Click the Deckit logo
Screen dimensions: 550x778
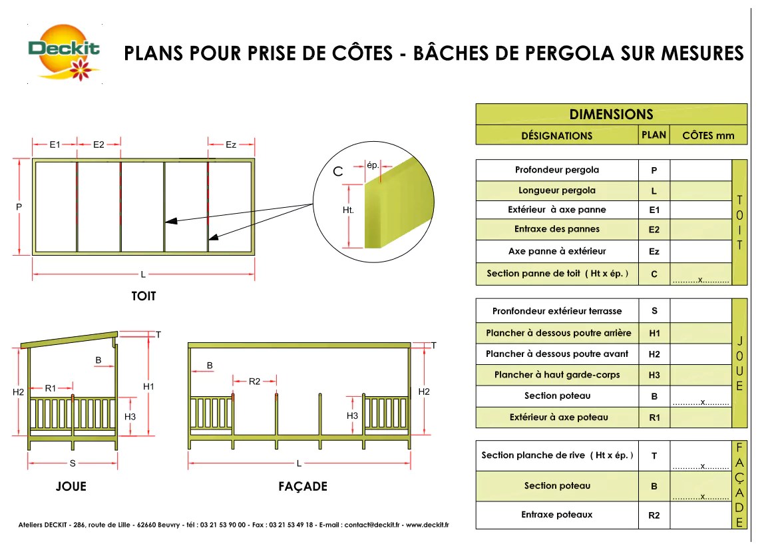[x=65, y=52]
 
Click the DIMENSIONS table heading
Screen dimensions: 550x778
[x=611, y=115]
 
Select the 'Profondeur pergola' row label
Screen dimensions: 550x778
[x=557, y=170]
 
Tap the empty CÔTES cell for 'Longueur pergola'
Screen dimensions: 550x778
[x=700, y=191]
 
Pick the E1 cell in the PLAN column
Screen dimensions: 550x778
[x=654, y=210]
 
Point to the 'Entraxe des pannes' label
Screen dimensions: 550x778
[x=557, y=229]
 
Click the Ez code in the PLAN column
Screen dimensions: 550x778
[x=654, y=252]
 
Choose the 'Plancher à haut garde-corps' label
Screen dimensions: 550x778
[x=557, y=375]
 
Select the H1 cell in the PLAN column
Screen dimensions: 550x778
[x=654, y=333]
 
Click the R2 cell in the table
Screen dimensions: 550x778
[x=654, y=515]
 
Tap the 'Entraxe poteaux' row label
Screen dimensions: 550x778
[x=557, y=515]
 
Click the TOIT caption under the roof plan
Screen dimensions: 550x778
[x=144, y=296]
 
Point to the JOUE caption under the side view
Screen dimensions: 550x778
[x=71, y=487]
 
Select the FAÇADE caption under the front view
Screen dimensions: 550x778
[x=303, y=487]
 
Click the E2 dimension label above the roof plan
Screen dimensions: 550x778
[x=98, y=144]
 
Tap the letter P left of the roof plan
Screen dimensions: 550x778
[x=19, y=207]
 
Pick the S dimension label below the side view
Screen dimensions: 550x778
[x=72, y=463]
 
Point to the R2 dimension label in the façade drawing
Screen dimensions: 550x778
[x=254, y=382]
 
